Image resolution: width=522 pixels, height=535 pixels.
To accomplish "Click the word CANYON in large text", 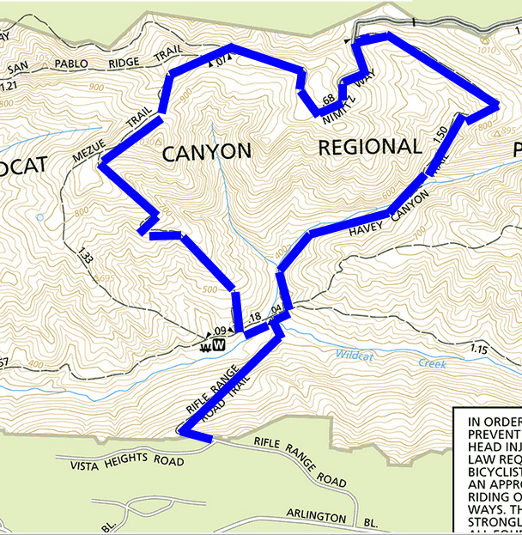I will pos(206,153).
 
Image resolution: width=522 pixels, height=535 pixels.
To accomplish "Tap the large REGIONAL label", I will pos(370,148).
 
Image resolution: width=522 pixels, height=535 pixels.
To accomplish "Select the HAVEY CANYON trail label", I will pos(387,218).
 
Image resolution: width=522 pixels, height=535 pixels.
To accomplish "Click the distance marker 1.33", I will pos(84,255).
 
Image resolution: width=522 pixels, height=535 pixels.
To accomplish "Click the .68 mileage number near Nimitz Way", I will pos(327,100).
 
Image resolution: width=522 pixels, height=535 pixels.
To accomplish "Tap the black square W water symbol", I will pos(219,345).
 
